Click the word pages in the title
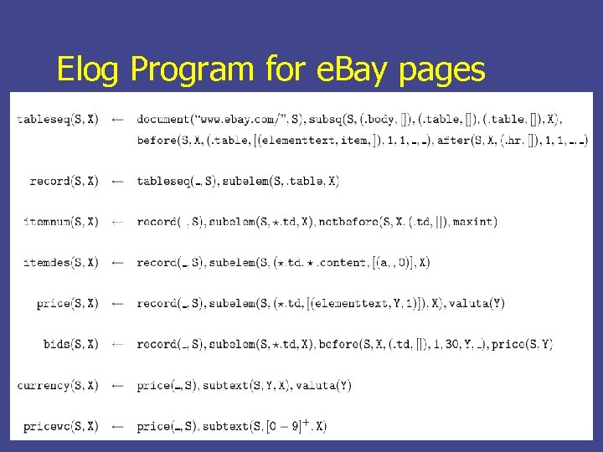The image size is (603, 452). (441, 69)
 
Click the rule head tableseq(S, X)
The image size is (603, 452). (57, 120)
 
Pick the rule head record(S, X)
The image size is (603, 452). (64, 181)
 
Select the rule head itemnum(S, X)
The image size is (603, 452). (60, 222)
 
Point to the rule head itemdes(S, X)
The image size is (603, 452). (60, 262)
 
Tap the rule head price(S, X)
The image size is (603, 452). (67, 303)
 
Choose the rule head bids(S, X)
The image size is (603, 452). (70, 344)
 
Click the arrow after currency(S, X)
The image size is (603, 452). (118, 386)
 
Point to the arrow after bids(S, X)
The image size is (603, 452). (118, 344)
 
